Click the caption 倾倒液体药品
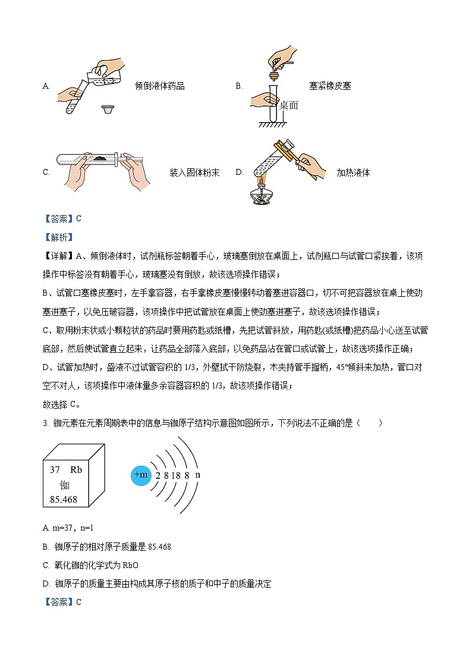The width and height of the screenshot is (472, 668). point(160,86)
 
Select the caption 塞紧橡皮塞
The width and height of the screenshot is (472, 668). point(330,86)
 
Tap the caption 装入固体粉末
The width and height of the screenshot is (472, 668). point(194,173)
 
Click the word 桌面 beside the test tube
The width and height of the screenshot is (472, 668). point(288,105)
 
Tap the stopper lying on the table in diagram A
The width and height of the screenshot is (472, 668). point(107,109)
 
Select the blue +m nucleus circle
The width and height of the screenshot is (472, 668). point(141,475)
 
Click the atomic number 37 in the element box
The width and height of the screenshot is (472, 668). point(55,469)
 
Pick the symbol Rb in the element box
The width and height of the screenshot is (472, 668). point(75,469)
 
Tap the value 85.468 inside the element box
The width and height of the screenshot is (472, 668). point(64,500)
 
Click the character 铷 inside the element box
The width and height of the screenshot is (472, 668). point(65,485)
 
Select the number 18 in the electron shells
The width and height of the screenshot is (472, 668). point(177,475)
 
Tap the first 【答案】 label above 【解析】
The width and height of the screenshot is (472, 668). point(58,218)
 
